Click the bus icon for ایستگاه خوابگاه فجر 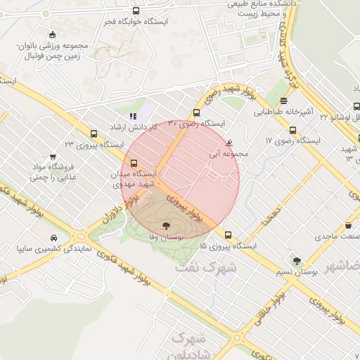136,12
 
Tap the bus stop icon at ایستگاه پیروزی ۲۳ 94,133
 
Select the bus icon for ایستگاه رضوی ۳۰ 197,113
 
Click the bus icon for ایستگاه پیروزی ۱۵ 228,236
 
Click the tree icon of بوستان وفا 166,226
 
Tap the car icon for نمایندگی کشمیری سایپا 55,237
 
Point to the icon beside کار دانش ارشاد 133,115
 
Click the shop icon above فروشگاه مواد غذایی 53,157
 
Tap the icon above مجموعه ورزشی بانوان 53,34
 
